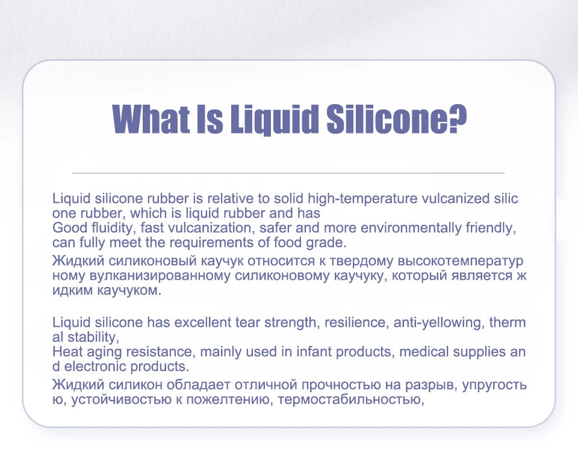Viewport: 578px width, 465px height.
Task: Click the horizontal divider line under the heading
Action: tap(288, 173)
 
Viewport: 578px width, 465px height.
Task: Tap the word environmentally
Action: tap(409, 229)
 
